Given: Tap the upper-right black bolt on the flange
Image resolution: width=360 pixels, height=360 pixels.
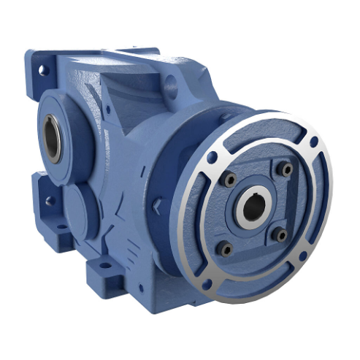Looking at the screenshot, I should pos(287,169).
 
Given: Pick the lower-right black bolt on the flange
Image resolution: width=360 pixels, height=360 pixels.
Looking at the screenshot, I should pos(280,235).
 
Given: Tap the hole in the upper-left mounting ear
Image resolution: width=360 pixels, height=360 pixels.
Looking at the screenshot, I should pos(42,71).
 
